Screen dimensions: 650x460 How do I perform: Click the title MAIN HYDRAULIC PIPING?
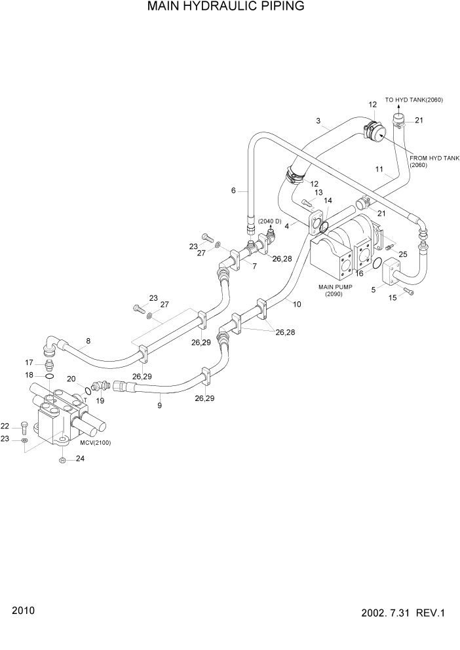click(x=225, y=7)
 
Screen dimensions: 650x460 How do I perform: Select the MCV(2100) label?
click(x=96, y=443)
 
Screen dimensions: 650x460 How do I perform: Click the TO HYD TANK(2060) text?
click(x=413, y=100)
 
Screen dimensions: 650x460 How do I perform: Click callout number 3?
click(x=318, y=121)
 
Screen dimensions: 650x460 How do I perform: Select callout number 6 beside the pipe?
click(x=233, y=191)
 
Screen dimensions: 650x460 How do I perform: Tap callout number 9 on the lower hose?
click(x=159, y=406)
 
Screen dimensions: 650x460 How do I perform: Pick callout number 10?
click(x=296, y=304)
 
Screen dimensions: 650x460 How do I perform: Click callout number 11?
click(x=379, y=169)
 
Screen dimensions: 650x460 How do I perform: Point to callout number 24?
click(x=80, y=459)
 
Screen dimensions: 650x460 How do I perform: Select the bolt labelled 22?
click(x=24, y=427)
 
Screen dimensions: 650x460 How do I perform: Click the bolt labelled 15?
click(x=409, y=292)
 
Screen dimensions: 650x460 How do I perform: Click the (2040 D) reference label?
click(x=269, y=221)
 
